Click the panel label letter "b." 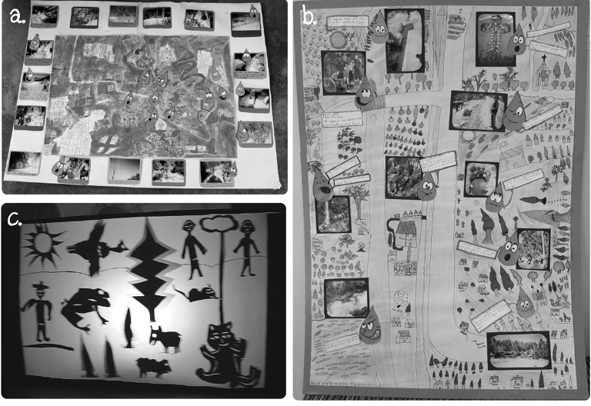309,15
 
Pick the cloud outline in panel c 218,225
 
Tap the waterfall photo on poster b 333,213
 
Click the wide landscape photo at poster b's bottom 518,351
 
